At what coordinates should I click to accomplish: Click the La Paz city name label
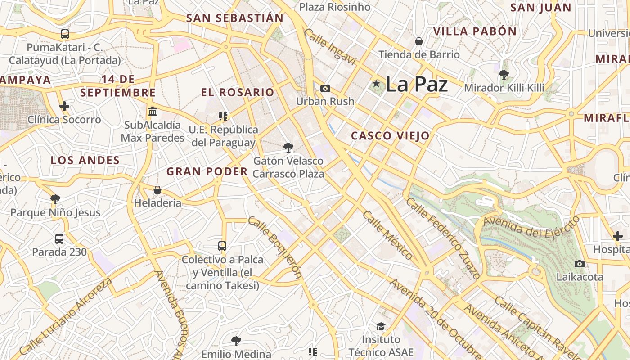click(x=416, y=84)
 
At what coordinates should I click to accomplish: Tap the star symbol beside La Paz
click(x=376, y=84)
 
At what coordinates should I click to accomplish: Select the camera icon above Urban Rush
click(x=325, y=88)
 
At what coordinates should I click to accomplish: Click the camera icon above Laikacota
click(x=580, y=264)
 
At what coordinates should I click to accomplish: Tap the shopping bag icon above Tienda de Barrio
click(x=419, y=41)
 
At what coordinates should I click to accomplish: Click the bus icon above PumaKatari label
click(x=65, y=34)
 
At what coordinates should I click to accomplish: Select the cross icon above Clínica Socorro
click(x=64, y=107)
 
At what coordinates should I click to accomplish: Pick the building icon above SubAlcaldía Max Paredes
click(x=153, y=112)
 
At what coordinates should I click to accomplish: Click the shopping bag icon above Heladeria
click(x=157, y=190)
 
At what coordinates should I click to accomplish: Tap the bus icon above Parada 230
click(x=59, y=239)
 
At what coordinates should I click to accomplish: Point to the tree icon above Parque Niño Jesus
click(x=55, y=199)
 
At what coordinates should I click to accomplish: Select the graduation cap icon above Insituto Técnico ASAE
click(x=381, y=326)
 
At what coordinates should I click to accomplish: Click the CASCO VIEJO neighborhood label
click(x=390, y=135)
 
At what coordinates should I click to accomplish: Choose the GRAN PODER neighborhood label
click(x=207, y=171)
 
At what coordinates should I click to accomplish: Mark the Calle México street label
click(x=387, y=235)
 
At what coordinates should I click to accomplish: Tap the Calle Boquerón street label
click(x=274, y=248)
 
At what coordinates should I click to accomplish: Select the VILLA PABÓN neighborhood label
click(x=475, y=31)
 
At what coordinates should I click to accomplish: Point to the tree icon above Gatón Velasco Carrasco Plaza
click(x=288, y=147)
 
